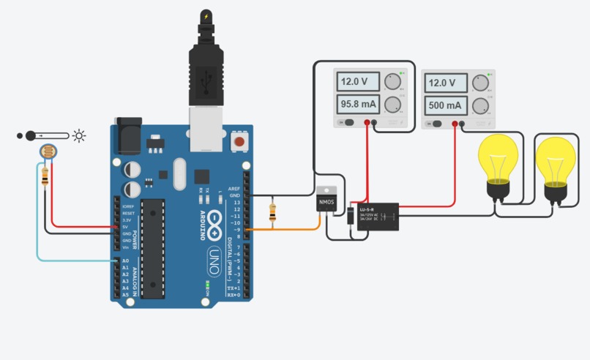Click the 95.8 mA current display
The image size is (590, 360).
[x=359, y=105]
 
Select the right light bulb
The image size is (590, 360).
[x=556, y=165]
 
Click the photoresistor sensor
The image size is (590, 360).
[x=47, y=152]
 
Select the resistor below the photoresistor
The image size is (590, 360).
[x=46, y=176]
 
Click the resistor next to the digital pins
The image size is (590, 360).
[x=274, y=213]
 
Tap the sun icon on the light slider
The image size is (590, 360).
[x=79, y=135]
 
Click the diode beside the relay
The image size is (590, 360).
[x=351, y=217]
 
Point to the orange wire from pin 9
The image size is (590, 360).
[x=293, y=230]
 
